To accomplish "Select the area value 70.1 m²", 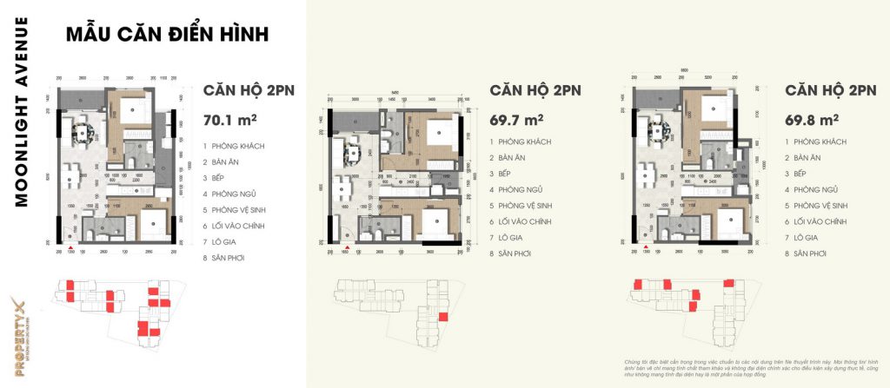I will (x=228, y=118).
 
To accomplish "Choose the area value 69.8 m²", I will (x=812, y=118).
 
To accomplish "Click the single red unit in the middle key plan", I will (x=442, y=317).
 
